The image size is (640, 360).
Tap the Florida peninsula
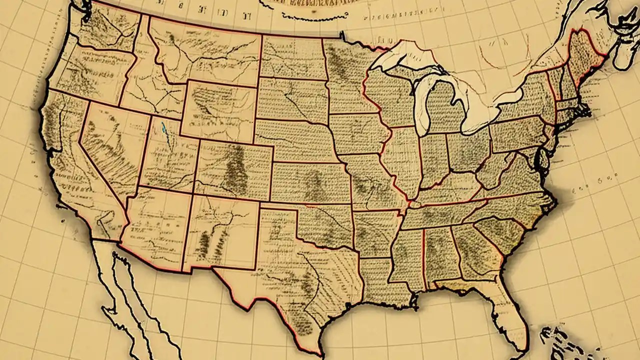[507, 310]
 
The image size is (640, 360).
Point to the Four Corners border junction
[192, 193]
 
